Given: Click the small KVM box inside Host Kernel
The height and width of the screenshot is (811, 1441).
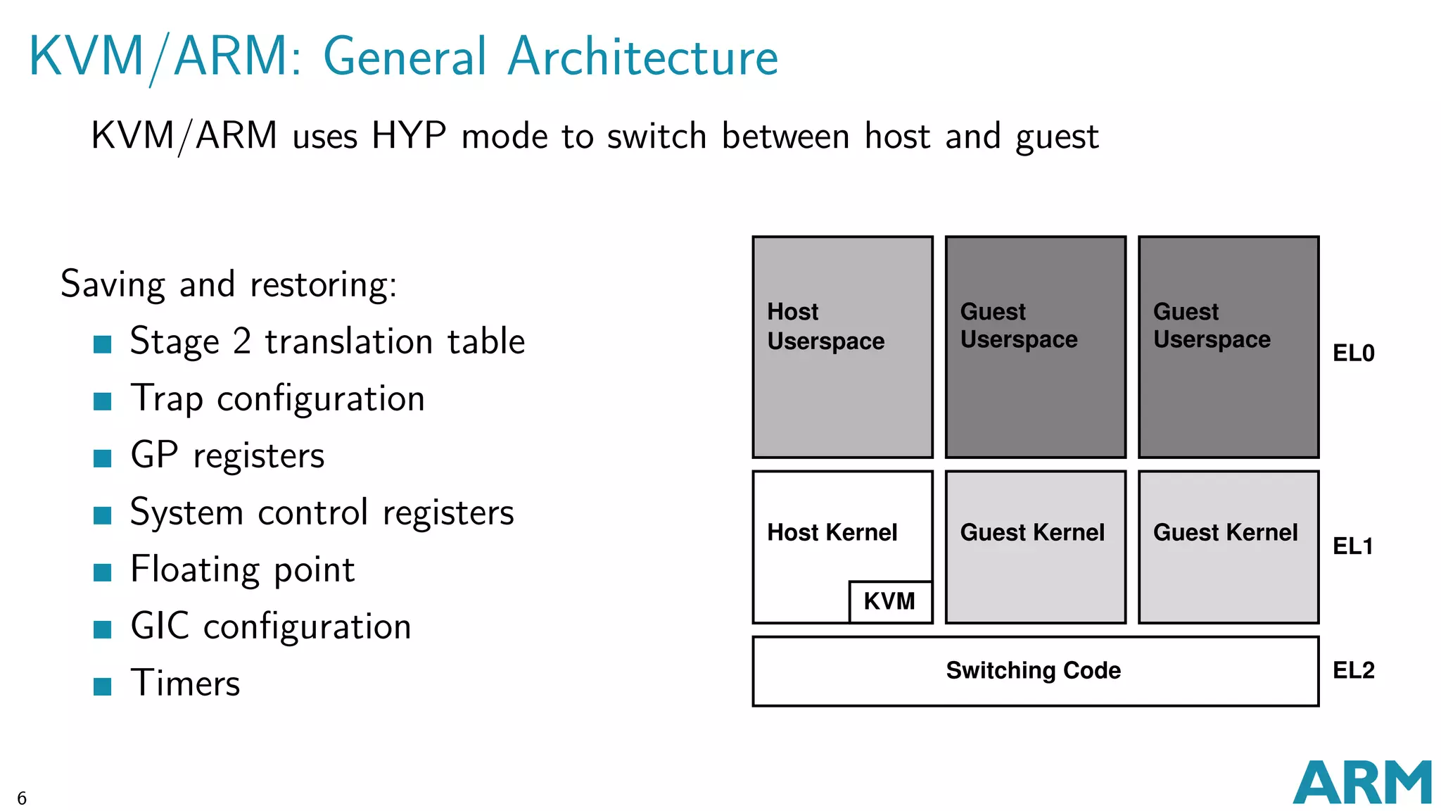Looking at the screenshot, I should pos(890,602).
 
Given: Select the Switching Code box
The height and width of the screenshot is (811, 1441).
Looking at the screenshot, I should pos(1034,671).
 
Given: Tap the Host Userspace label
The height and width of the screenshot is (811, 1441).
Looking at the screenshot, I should pos(825,327).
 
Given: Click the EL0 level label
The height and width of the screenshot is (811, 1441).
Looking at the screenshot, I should pos(1353,353).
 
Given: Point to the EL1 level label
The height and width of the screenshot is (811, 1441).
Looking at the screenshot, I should pos(1352,546).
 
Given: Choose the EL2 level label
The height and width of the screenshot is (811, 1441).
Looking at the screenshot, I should pos(1353,670).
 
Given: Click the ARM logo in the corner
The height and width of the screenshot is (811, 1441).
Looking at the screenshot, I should pos(1361,782).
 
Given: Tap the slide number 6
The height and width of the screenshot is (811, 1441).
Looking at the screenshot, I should pos(22,798).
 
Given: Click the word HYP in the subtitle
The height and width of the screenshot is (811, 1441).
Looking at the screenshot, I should pos(408,135).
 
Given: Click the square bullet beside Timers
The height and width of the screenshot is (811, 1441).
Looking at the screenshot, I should pos(103,686).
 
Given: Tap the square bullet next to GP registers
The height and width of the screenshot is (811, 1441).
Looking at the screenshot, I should pos(103,458).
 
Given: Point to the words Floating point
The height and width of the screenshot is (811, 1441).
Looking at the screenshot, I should pos(242,570).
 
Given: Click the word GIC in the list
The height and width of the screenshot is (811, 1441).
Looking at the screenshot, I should pos(160,626).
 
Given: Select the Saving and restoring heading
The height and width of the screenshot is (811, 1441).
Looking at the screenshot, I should pos(229,284).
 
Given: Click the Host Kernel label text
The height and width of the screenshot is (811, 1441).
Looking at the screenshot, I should pos(832,533).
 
